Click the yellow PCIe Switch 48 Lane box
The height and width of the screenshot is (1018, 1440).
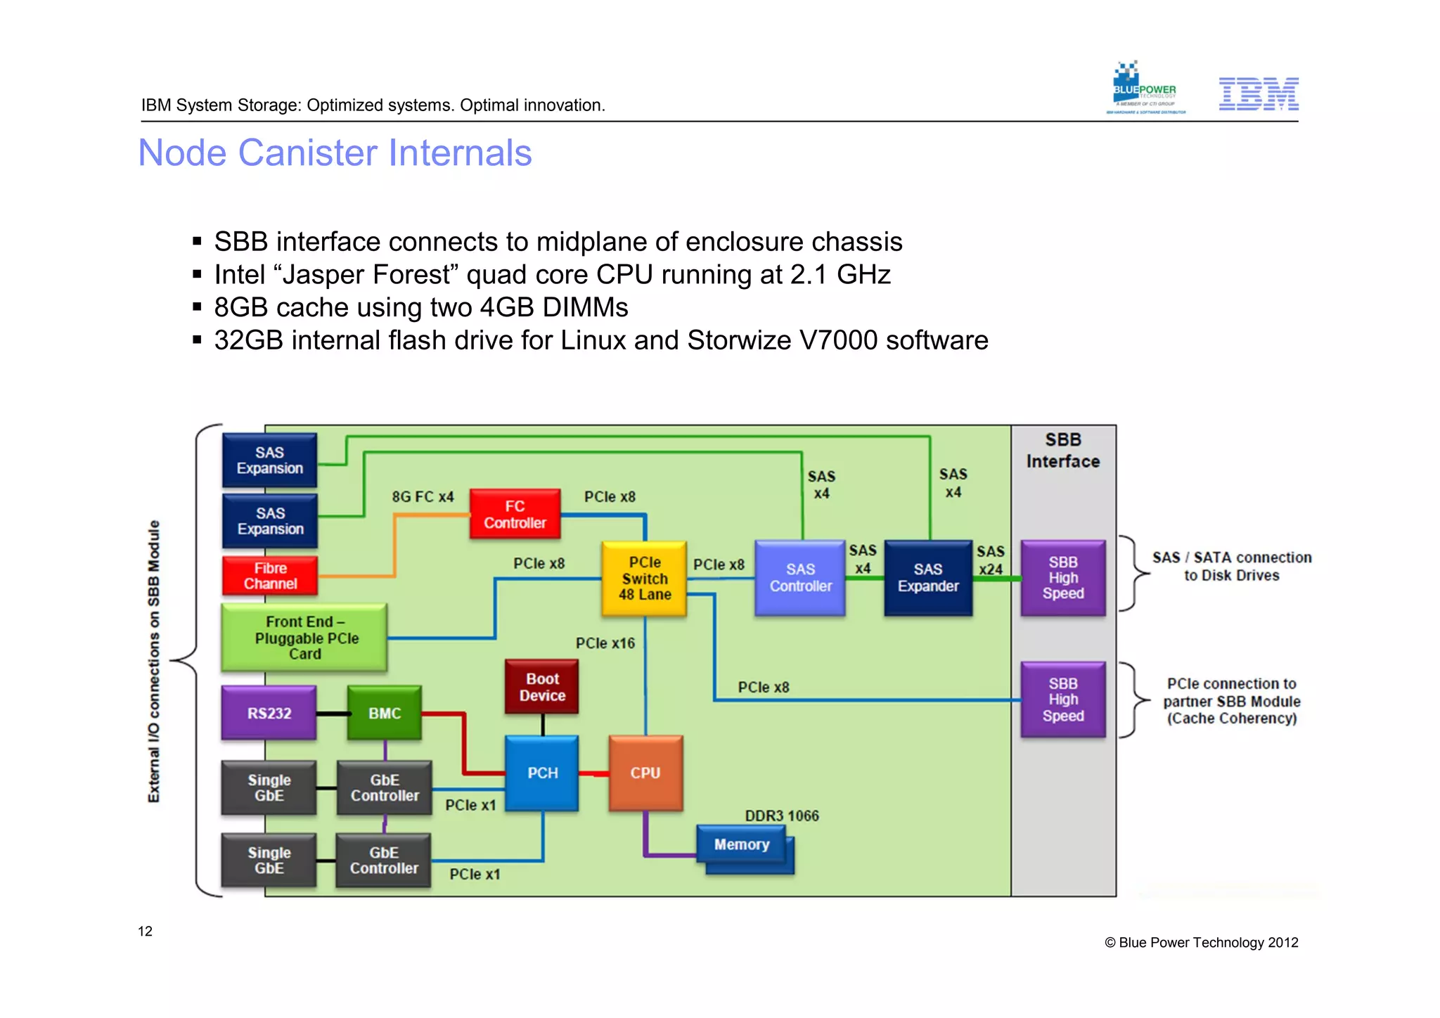(644, 579)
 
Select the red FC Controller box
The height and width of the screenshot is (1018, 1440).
(515, 515)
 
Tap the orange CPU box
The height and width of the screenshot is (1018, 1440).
(645, 773)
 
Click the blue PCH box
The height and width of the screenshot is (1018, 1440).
(542, 773)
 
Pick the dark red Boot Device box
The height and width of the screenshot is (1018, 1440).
(542, 687)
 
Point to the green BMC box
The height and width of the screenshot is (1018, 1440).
(385, 713)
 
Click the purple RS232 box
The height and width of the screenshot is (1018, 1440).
(269, 713)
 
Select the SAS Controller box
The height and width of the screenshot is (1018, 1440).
(800, 578)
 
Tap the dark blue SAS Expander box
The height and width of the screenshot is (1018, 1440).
(928, 578)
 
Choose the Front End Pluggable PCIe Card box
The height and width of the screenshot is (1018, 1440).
(304, 638)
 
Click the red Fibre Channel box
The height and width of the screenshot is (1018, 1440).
(270, 576)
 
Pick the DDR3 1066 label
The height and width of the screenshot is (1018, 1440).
(782, 816)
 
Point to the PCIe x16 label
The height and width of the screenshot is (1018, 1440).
(605, 643)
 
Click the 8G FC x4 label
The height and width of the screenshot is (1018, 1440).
(423, 497)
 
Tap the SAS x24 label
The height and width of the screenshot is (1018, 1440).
(991, 560)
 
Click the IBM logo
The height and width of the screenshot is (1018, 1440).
(1258, 94)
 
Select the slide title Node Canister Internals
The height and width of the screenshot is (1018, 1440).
(335, 153)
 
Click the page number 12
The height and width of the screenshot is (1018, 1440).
(145, 932)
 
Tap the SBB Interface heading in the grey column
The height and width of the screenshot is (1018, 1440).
(1062, 451)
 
